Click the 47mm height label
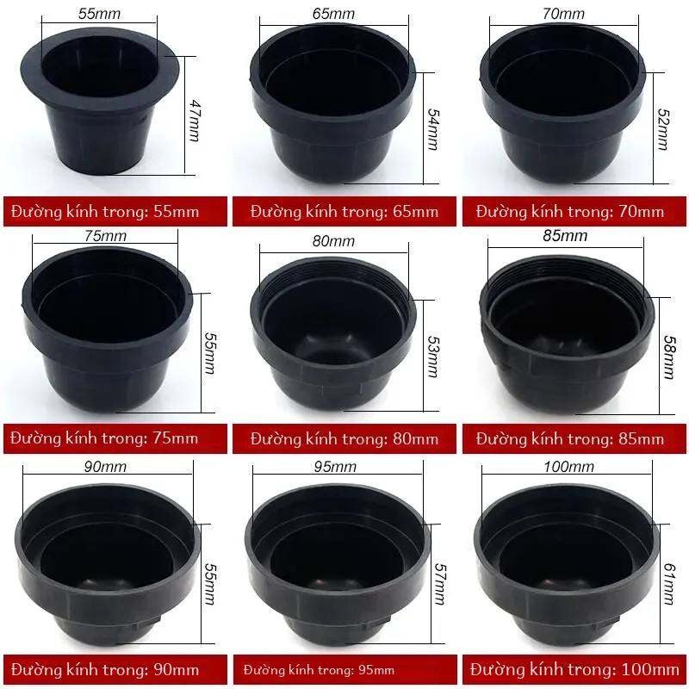195,121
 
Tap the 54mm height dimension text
433,129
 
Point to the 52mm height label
663,129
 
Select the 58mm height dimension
669,357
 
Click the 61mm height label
668,584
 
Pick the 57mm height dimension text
439,584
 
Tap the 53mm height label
433,357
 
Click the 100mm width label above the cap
569,466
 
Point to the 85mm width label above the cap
565,235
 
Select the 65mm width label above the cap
334,14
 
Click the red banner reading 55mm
115,211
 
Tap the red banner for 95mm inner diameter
345,670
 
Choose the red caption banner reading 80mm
344,438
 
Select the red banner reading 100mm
574,670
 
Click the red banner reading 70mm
574,211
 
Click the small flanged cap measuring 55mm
100,101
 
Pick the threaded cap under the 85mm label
567,334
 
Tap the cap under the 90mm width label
108,565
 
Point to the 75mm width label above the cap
105,235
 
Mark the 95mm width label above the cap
335,466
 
